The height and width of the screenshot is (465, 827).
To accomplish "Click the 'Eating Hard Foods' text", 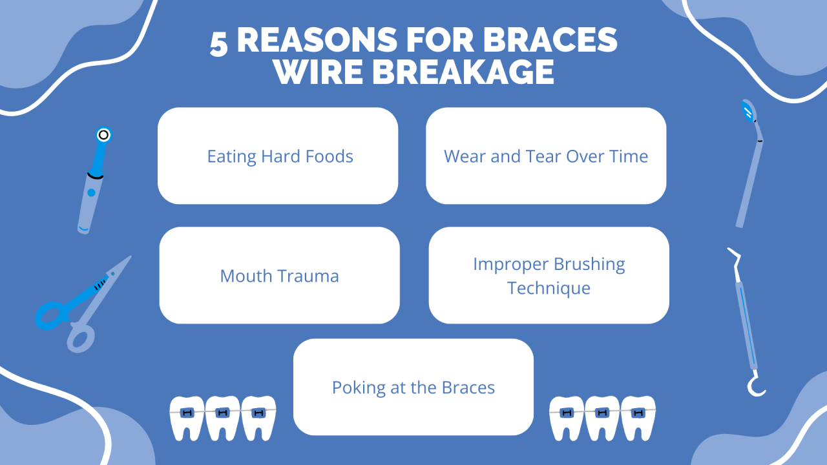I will (x=280, y=156).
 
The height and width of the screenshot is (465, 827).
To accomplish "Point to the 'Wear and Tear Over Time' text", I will (x=546, y=156).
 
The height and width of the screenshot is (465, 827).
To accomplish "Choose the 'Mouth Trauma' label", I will (x=279, y=276).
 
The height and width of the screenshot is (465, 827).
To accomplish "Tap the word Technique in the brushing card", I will (x=549, y=287).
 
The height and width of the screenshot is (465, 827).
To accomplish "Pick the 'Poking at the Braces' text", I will (x=413, y=387).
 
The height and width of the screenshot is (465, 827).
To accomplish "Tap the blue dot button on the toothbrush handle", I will (x=92, y=192).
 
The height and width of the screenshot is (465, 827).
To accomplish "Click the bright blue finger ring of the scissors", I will (x=50, y=316).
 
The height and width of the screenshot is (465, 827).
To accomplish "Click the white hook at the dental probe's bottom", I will (x=755, y=387).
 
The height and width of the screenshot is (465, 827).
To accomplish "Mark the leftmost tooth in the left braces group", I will (x=187, y=417).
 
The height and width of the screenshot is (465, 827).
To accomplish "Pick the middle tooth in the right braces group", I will (x=602, y=417).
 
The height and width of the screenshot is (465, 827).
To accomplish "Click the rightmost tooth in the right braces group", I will (x=638, y=417).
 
